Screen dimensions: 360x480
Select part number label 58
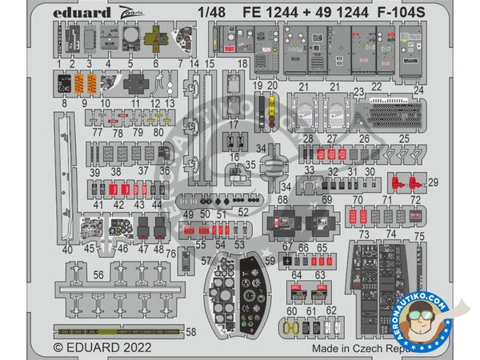coord(190,330)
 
